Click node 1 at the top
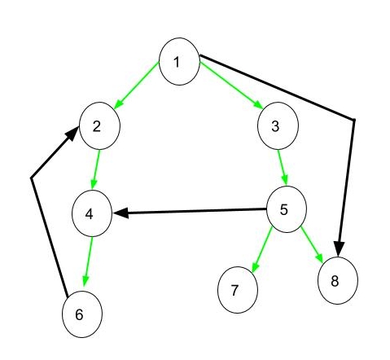point(179,61)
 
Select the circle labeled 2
point(99,125)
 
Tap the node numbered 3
point(278,125)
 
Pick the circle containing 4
point(92,213)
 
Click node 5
point(287,209)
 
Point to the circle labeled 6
point(82,314)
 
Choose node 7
point(238,290)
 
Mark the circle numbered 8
point(338,280)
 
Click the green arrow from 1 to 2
point(137,86)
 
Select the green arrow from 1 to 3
point(231,86)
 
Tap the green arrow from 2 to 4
point(96,169)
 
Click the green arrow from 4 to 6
point(89,261)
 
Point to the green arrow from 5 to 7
point(262,249)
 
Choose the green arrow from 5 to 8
point(312,244)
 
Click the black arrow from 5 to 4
point(190,211)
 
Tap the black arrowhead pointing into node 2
point(72,134)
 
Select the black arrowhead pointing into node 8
point(339,248)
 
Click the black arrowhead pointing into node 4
point(121,213)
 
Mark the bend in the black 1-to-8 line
point(354,120)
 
